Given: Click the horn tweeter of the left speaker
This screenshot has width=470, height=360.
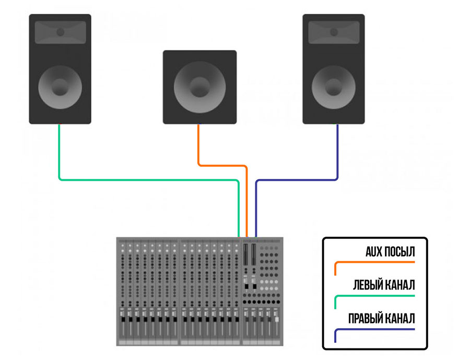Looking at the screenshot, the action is coord(60,32).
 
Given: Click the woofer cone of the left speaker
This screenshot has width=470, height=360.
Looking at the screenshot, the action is coord(60,87).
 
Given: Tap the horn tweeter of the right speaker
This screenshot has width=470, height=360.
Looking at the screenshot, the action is coord(334,32).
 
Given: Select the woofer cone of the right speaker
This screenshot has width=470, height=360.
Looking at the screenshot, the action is coord(334,87).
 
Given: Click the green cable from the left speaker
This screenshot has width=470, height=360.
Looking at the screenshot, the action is coord(149,180).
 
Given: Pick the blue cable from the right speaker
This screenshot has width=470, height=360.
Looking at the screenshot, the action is coord(297,180).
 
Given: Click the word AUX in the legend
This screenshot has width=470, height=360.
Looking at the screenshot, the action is coord(372,251).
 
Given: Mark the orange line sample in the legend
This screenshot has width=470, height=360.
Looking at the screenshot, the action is coord(374,262).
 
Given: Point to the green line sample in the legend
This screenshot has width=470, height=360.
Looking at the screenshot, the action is coord(374,296).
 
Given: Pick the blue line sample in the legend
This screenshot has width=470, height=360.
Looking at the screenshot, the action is coord(374,329).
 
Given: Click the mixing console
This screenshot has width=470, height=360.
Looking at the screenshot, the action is coord(199,292).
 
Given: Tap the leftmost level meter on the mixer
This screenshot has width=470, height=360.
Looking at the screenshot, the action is coord(246,254).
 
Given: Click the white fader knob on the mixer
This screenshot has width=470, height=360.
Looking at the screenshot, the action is coord(277,319).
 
